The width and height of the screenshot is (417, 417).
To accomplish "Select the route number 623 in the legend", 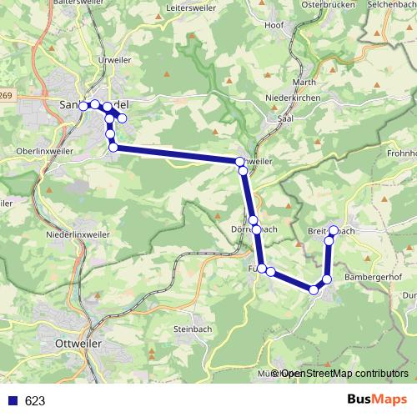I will (35, 401).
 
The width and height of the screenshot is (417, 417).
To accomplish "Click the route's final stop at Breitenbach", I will (334, 229).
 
